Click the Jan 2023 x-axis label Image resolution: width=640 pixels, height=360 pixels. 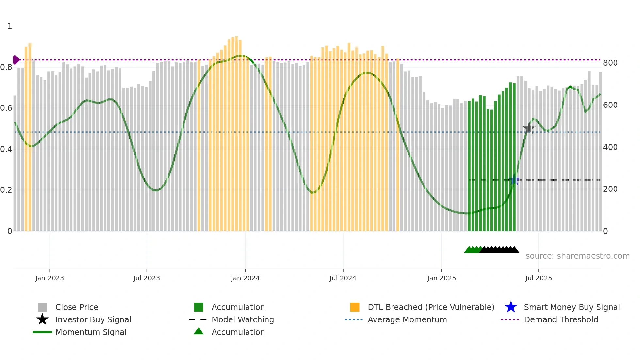click(50, 278)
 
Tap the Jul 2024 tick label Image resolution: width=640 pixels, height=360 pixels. click(343, 278)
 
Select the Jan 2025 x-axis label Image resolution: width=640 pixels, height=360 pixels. click(441, 278)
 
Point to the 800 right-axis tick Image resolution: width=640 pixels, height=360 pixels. click(610, 63)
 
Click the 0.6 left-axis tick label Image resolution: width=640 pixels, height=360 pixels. click(6, 108)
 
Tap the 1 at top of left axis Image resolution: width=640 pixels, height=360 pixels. click(10, 26)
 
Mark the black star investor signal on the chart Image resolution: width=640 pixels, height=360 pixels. click(529, 128)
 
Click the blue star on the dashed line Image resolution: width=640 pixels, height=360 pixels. click(514, 180)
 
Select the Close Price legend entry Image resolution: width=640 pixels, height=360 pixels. click(77, 307)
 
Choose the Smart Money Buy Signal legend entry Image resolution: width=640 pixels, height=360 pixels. click(572, 307)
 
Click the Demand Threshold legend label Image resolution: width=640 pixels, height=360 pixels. click(561, 319)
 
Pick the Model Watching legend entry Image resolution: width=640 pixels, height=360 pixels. click(243, 319)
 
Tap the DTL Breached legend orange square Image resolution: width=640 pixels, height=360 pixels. click(355, 307)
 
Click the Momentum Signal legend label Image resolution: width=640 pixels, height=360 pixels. click(91, 332)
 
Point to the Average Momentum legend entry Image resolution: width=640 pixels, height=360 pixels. click(407, 319)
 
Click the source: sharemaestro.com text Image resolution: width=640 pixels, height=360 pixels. click(577, 256)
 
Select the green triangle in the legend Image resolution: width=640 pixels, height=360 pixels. click(199, 331)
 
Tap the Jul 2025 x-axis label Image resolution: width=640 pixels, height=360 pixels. click(538, 278)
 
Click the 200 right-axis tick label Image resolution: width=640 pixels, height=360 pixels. click(610, 189)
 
